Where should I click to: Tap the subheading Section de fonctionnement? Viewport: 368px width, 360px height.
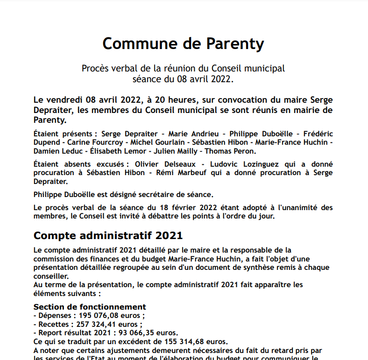coord(90,307)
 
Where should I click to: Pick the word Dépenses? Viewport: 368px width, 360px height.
coord(56,315)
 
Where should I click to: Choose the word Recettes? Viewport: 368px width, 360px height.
coord(55,324)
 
